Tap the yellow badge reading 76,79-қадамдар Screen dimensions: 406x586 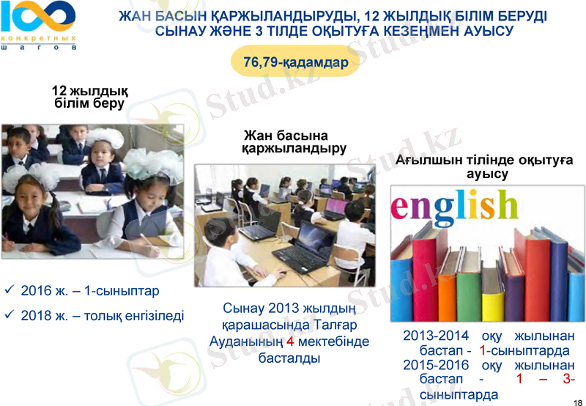coord(295,62)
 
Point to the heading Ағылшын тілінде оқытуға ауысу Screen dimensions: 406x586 coord(483,168)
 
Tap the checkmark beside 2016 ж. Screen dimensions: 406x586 coord(10,290)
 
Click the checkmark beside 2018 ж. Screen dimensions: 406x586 coord(10,315)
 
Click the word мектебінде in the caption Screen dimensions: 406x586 coord(333,342)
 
